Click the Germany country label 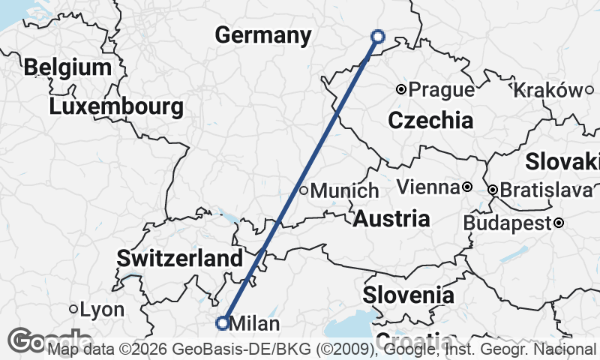point(262,35)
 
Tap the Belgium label point(67,67)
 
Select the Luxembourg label point(116,106)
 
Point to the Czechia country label point(430,120)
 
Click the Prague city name point(442,90)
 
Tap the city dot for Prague point(401,90)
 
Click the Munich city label point(344,191)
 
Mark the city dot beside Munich point(304,190)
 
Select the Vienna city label point(427,187)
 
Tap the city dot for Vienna point(466,187)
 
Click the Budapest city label point(507,223)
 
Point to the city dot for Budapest point(559,223)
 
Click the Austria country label point(391,219)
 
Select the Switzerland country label point(180,259)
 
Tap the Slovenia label point(408,295)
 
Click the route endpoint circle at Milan point(222,323)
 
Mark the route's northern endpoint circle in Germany point(378,36)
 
